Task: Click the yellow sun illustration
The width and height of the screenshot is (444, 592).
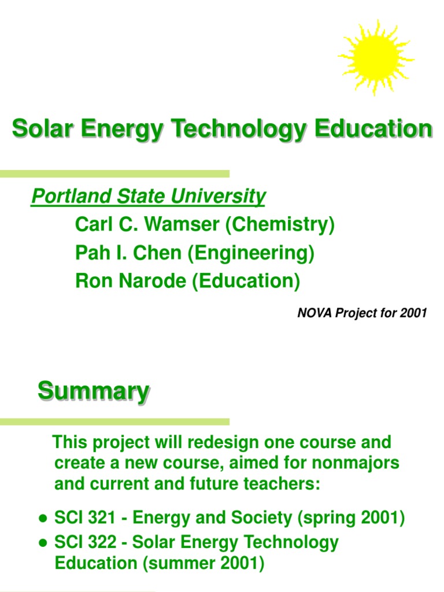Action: click(x=376, y=57)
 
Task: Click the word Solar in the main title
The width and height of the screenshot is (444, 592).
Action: click(x=39, y=128)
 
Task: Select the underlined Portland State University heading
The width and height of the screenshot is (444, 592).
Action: click(x=148, y=197)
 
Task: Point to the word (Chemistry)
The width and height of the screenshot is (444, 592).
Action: click(x=280, y=224)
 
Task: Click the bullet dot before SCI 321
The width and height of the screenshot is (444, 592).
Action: click(x=42, y=519)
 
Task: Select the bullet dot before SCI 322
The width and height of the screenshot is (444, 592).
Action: click(x=42, y=543)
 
